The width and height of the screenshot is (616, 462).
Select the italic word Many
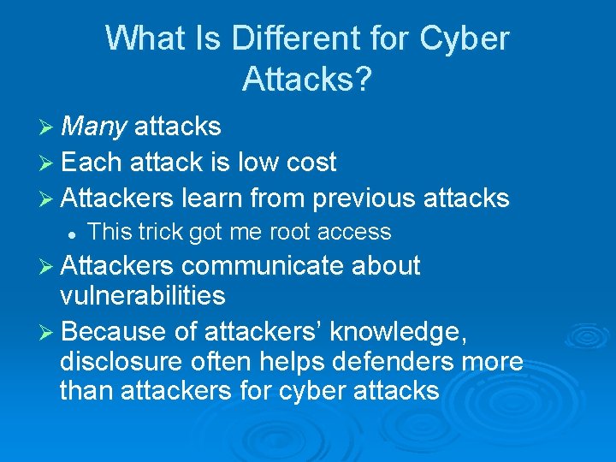coord(94,127)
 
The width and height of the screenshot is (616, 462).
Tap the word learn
coord(212,198)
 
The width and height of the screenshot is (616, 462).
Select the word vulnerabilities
coord(143,296)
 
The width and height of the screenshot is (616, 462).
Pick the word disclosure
coord(121,361)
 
